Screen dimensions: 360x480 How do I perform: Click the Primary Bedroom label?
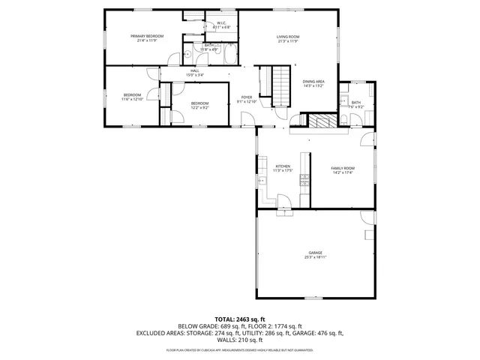[x=147, y=36]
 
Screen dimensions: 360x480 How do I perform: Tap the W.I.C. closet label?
[x=222, y=23]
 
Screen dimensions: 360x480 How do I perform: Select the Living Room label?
[x=288, y=37]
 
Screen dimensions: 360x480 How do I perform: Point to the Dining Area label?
[x=313, y=81]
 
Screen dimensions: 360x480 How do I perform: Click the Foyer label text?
[x=247, y=97]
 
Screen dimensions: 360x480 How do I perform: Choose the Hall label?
[x=194, y=71]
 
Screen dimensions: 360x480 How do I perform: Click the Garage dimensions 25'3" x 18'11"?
[x=315, y=257]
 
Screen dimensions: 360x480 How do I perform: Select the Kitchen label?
[x=283, y=166]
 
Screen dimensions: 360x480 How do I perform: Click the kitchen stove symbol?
[x=304, y=179]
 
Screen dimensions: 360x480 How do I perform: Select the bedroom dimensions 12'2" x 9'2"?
[x=199, y=107]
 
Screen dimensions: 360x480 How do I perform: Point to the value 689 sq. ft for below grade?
[x=234, y=326]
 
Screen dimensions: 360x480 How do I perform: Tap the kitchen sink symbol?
[x=261, y=181]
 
